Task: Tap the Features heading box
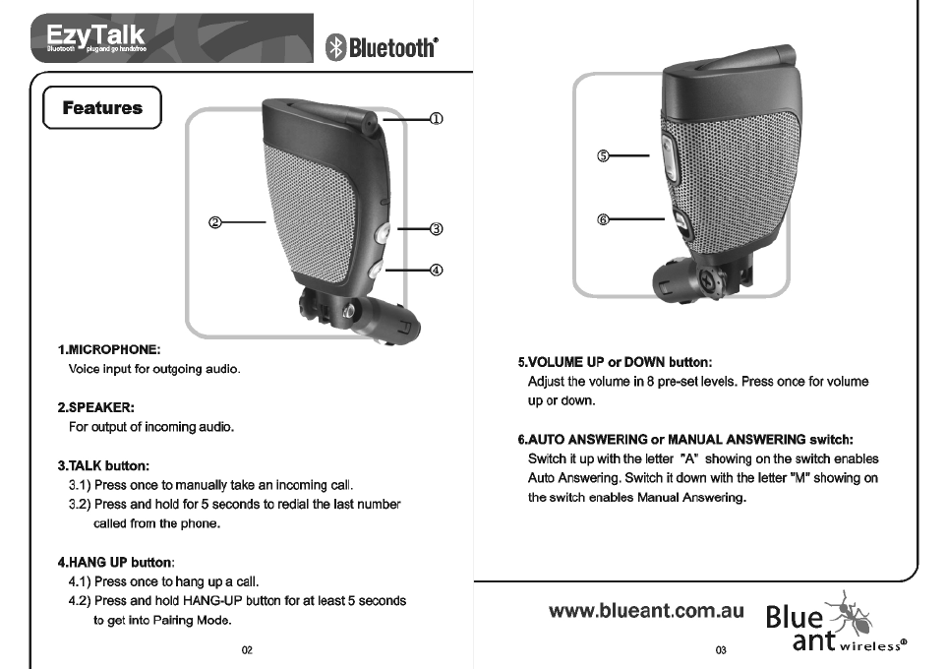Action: coord(102,108)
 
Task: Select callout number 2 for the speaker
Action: coord(213,223)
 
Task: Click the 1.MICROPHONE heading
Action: coord(108,349)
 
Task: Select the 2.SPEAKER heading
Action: coord(95,406)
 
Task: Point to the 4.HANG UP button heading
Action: coord(116,562)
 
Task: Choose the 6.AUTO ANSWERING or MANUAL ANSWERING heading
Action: coord(685,439)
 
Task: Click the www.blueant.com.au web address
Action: coord(646,611)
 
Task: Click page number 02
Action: coord(247,650)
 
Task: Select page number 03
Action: coord(720,650)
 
